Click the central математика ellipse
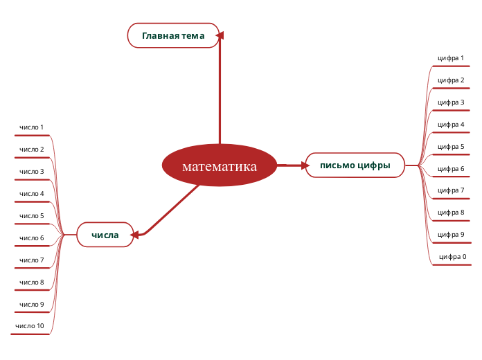(x=220, y=166)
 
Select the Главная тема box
(x=173, y=35)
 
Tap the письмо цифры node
(x=355, y=165)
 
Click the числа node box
(x=105, y=235)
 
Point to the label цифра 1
(x=451, y=58)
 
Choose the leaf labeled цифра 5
(x=451, y=147)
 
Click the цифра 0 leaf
(x=453, y=257)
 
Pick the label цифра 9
(x=451, y=235)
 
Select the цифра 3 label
(x=451, y=102)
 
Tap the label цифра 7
(x=451, y=190)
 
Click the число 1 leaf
(x=32, y=127)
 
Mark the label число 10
(x=30, y=326)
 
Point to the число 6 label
(x=32, y=238)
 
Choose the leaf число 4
(x=32, y=194)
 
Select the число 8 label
(x=32, y=282)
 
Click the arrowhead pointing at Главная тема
(x=220, y=34)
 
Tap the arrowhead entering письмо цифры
(x=304, y=165)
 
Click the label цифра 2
(x=451, y=80)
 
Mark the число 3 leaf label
(x=32, y=172)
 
